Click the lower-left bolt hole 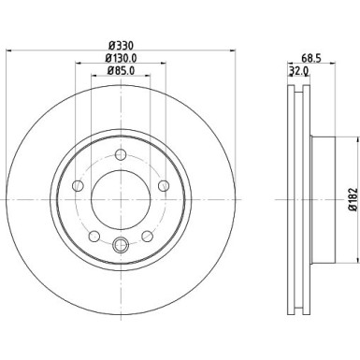[x=95, y=236]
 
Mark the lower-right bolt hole [x=147, y=236]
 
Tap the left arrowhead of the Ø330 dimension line [x=8, y=53]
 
